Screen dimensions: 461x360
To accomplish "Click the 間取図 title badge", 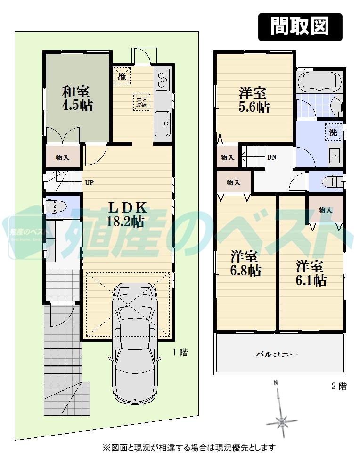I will tap(300, 26).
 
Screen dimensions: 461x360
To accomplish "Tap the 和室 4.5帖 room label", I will tap(77, 98).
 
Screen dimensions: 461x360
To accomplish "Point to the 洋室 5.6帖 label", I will tap(254, 99).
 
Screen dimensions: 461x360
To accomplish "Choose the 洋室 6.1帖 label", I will tap(311, 273).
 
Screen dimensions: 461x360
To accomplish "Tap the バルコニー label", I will tap(277, 354).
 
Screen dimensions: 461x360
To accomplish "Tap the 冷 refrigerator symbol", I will tap(122, 76).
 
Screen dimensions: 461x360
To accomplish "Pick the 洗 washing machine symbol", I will tap(333, 132).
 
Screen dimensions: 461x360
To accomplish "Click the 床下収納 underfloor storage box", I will tap(141, 102).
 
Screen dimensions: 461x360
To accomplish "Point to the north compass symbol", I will tap(281, 419).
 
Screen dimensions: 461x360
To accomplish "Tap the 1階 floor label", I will tap(180, 352).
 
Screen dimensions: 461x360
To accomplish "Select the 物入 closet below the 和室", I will tap(63, 157).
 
